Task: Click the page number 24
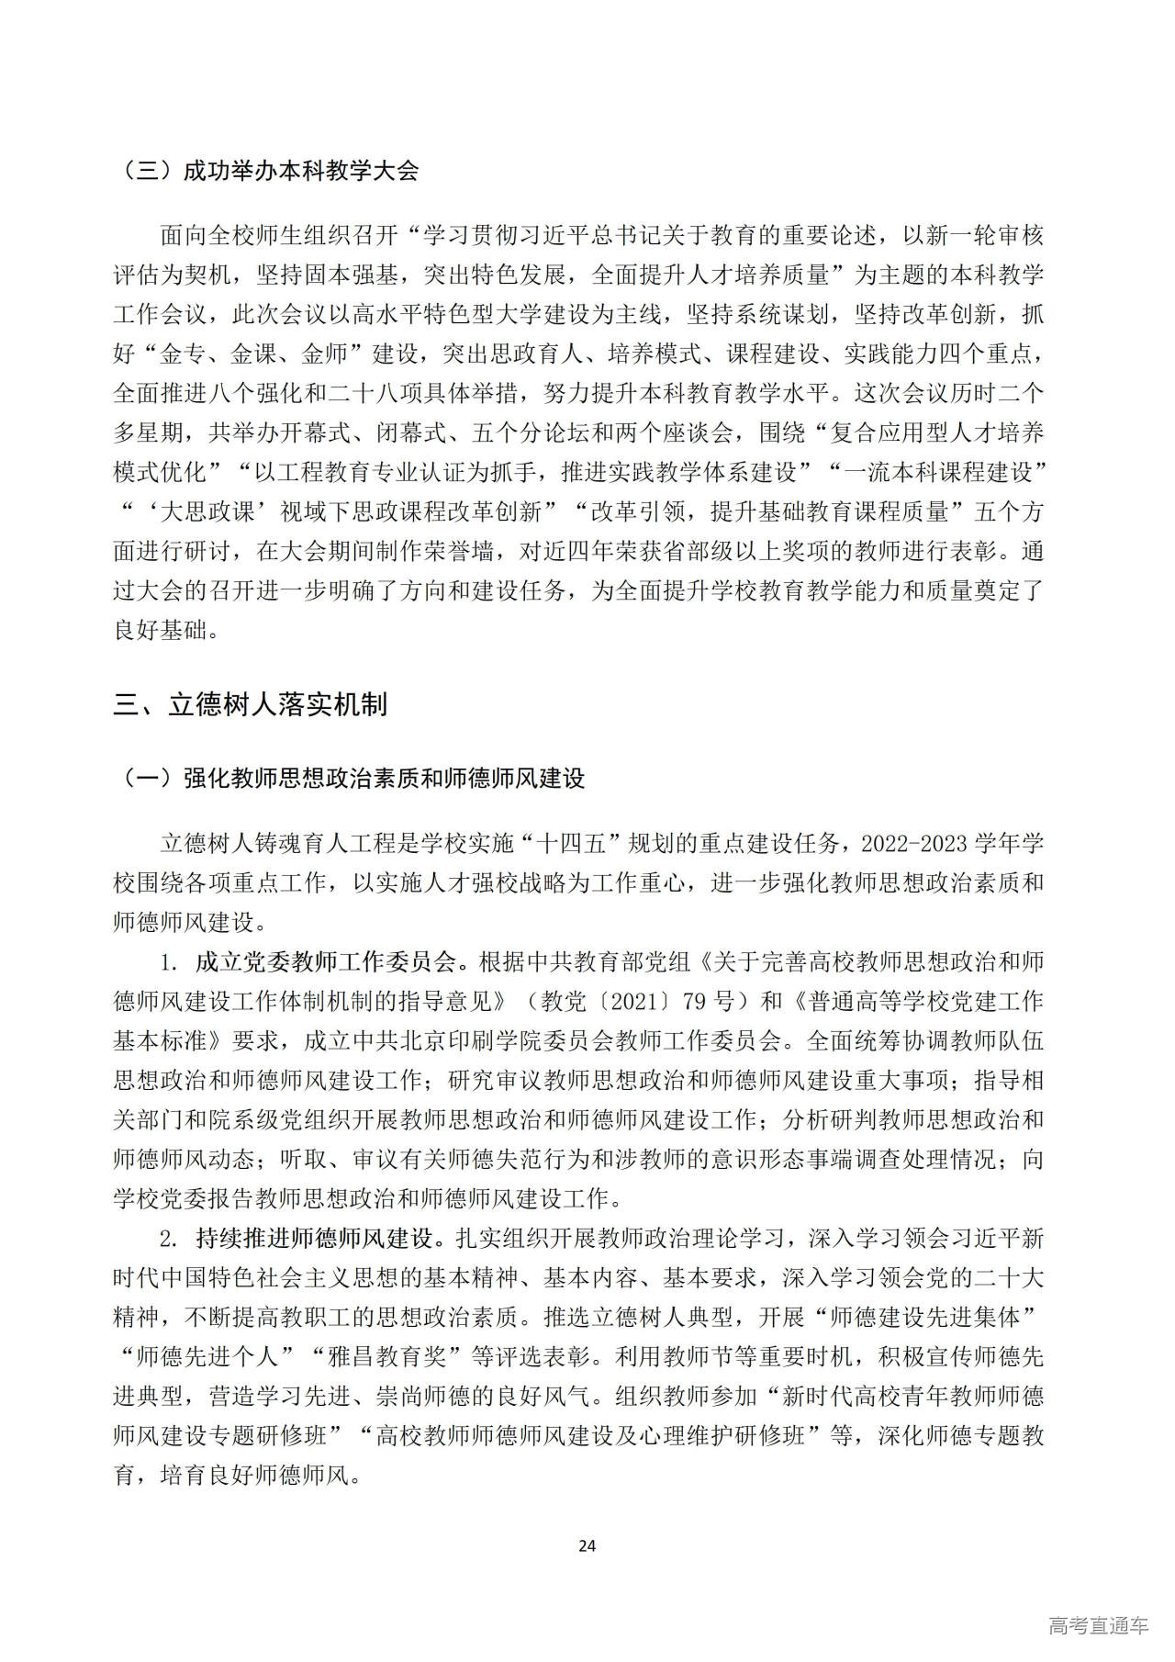[x=587, y=1545]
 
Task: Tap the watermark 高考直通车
[x=1098, y=1624]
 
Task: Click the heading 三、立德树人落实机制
[x=250, y=704]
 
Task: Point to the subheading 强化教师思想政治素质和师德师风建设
[x=384, y=779]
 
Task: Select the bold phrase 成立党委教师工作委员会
[x=326, y=961]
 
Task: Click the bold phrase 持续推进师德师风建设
[x=314, y=1238]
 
